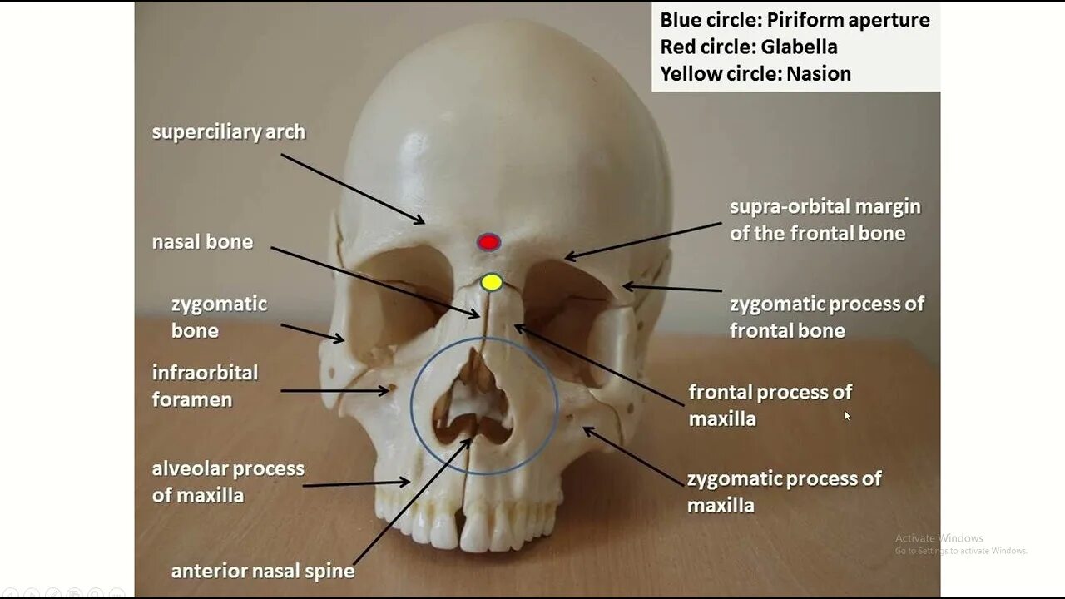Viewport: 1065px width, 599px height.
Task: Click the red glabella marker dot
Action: (x=488, y=242)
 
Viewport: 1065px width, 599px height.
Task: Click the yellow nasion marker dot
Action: (x=492, y=282)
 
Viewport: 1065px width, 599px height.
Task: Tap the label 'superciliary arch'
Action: (x=228, y=132)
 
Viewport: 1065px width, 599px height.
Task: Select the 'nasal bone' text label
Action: (x=202, y=242)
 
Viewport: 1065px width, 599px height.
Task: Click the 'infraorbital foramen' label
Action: (x=205, y=386)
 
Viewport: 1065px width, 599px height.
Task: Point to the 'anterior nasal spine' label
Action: (x=263, y=572)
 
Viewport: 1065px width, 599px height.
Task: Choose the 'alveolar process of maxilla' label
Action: (x=228, y=482)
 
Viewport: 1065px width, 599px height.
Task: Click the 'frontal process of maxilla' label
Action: (x=770, y=405)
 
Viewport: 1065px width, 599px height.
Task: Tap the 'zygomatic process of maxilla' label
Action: (x=784, y=492)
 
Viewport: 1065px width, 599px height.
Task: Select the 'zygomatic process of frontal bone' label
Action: (x=826, y=317)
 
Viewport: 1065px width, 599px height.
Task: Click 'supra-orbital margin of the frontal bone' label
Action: (x=825, y=220)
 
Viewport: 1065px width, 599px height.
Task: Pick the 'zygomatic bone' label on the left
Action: (x=219, y=317)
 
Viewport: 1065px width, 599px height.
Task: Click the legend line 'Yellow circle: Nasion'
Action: (x=755, y=74)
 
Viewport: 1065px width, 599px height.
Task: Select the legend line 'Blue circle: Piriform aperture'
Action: (x=795, y=20)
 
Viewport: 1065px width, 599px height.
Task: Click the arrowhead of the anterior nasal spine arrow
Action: (x=469, y=441)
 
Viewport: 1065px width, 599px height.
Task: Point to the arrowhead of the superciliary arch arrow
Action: (x=422, y=222)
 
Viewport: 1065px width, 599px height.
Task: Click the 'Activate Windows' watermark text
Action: (x=939, y=538)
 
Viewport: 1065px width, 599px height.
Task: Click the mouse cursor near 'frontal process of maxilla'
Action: (x=847, y=415)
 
